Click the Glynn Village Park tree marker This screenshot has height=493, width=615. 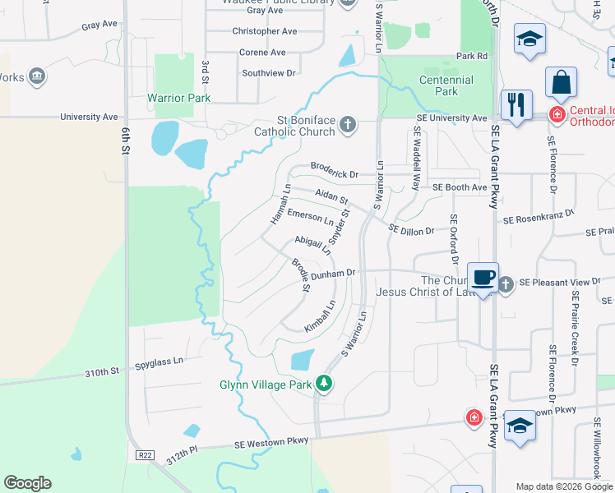click(325, 384)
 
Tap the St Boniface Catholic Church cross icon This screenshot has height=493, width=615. click(348, 125)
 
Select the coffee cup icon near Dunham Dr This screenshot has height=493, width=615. click(483, 277)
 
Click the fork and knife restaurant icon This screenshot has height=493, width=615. click(516, 104)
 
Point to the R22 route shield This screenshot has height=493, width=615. click(144, 454)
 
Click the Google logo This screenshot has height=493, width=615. click(27, 483)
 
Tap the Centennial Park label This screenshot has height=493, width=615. click(446, 85)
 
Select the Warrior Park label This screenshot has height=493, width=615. click(178, 98)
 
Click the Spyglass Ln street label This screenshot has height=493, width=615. click(159, 361)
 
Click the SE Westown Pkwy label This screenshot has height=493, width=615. click(271, 441)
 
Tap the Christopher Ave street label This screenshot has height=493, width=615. click(264, 31)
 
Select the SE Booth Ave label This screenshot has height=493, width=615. click(460, 187)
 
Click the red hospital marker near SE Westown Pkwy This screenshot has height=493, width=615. click(474, 417)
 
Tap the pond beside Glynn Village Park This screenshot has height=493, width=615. click(302, 360)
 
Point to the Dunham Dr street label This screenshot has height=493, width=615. click(333, 273)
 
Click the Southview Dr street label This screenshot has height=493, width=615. click(268, 73)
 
